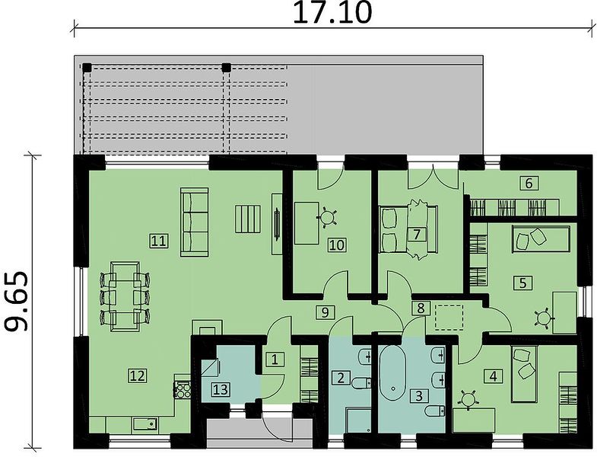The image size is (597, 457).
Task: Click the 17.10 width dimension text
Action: [332, 12]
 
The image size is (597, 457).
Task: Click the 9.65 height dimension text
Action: [16, 301]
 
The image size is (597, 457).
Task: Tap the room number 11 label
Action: [159, 241]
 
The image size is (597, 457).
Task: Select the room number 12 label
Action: [137, 376]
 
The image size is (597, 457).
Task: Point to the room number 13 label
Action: [221, 390]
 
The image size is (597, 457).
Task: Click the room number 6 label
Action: [529, 184]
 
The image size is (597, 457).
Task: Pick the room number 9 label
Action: [325, 312]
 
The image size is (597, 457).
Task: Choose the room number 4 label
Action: [493, 376]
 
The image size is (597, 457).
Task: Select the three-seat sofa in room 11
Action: [194, 222]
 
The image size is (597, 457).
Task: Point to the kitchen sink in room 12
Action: [145, 423]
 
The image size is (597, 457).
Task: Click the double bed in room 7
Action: [408, 229]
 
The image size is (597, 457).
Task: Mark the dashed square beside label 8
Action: [449, 317]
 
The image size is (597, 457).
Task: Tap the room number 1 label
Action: [275, 360]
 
